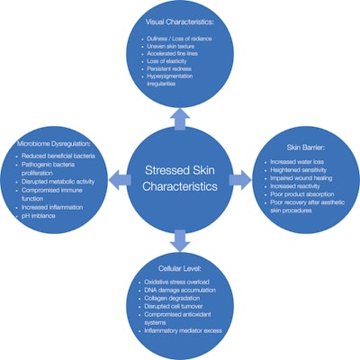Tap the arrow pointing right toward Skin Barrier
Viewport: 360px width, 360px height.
pos(241,180)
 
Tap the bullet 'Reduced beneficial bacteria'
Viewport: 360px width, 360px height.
pos(59,157)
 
